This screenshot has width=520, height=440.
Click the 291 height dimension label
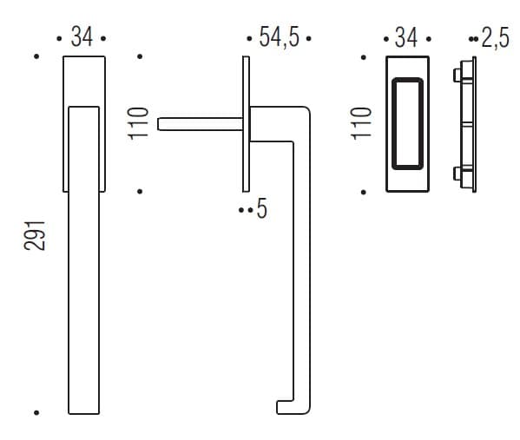point(35,235)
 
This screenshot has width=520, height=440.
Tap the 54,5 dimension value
point(280,36)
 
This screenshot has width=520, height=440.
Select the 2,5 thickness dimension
point(496,38)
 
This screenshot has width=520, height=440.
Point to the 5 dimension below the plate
point(261,208)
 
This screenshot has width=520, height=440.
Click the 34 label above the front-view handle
point(82,36)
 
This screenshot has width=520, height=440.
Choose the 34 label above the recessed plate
point(406,37)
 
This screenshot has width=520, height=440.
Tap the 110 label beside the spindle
point(138,124)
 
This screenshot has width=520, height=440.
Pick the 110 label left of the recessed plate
point(361,124)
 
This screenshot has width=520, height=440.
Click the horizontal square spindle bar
point(201,124)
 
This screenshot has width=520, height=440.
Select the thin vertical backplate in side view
point(246,124)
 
